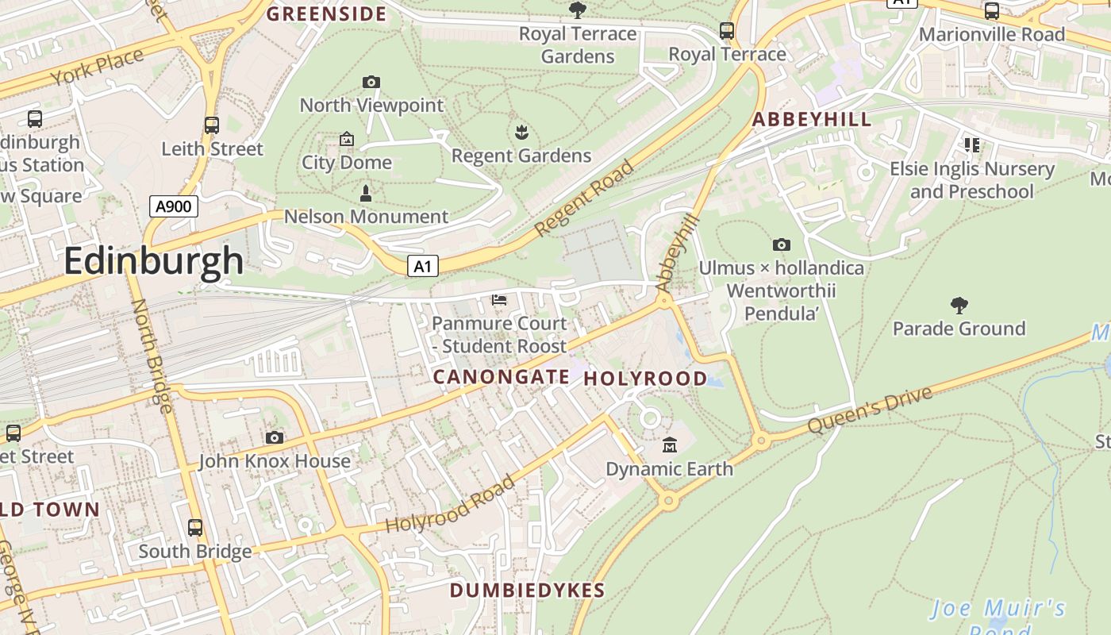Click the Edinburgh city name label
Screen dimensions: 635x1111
pyautogui.click(x=153, y=260)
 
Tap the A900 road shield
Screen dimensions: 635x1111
pyautogui.click(x=173, y=207)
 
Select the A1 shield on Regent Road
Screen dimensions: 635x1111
pyautogui.click(x=423, y=266)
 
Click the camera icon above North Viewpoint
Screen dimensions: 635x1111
pyautogui.click(x=371, y=82)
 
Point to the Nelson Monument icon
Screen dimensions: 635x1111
pyautogui.click(x=366, y=193)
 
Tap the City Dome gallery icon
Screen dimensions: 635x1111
pyautogui.click(x=347, y=140)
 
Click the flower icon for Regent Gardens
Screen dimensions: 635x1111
pyautogui.click(x=521, y=132)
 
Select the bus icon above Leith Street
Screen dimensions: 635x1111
pyautogui.click(x=211, y=125)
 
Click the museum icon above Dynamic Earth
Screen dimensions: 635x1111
pyautogui.click(x=669, y=445)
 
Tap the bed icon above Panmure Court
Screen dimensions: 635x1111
pyautogui.click(x=499, y=300)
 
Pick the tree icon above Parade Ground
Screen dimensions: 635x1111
pyautogui.click(x=959, y=305)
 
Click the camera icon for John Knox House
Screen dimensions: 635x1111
pyautogui.click(x=275, y=437)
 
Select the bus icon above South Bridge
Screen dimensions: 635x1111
pyautogui.click(x=194, y=527)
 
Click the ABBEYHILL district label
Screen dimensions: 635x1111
pyautogui.click(x=811, y=120)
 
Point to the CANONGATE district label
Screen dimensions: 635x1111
pyautogui.click(x=501, y=377)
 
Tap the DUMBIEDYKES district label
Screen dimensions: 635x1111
pyautogui.click(x=527, y=591)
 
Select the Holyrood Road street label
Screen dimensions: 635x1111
pyautogui.click(x=450, y=505)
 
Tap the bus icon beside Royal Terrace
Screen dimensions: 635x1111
pyautogui.click(x=726, y=31)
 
